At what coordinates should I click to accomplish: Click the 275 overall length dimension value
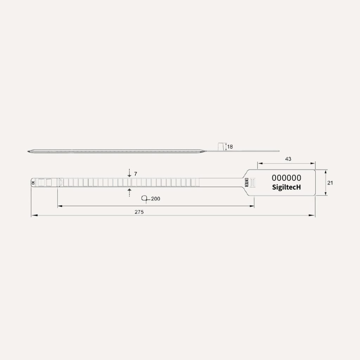tap(139, 212)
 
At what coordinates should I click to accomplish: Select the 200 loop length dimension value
tap(155, 199)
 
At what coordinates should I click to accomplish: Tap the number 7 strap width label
tap(135, 174)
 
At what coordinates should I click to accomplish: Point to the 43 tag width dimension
tap(288, 159)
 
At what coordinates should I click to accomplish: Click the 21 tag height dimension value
tap(330, 183)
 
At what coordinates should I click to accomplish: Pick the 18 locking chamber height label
tap(230, 147)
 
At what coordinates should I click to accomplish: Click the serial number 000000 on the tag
tap(286, 178)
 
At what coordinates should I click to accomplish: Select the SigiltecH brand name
tap(286, 187)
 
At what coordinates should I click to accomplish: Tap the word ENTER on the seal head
tap(246, 182)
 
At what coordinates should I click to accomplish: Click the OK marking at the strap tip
tap(33, 183)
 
